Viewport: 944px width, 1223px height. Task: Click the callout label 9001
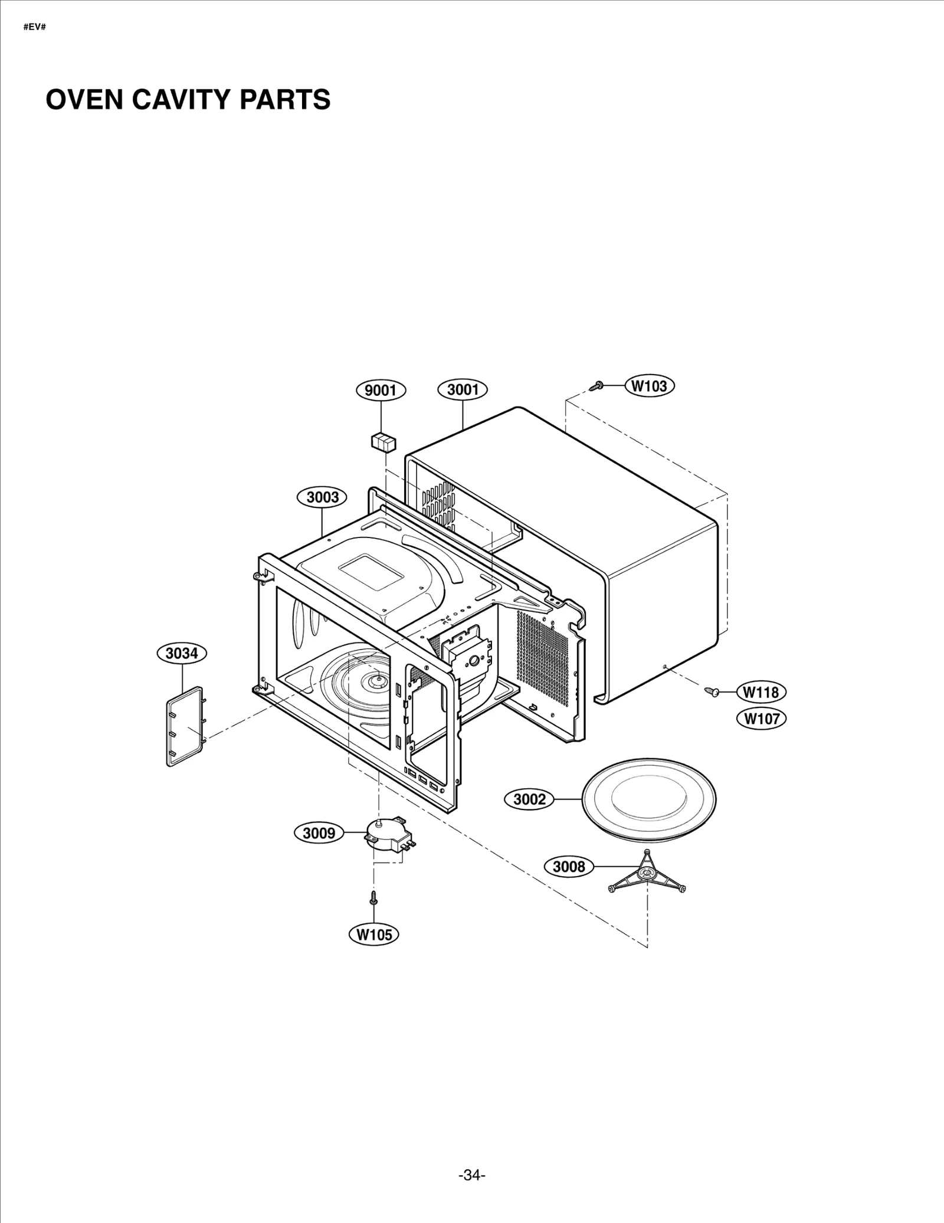pos(381,390)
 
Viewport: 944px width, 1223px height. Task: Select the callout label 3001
pos(463,389)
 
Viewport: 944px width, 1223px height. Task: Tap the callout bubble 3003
pos(322,497)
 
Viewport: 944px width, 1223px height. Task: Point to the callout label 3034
pos(182,653)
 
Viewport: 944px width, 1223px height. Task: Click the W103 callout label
pos(649,386)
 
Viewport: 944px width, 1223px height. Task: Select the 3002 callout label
pos(529,799)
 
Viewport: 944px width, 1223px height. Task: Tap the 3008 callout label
pos(569,867)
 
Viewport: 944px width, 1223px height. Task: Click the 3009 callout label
pos(319,833)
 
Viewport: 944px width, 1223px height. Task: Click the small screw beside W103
pos(596,386)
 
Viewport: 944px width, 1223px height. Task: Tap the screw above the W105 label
pos(373,898)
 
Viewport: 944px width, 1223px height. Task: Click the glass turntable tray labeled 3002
pos(648,800)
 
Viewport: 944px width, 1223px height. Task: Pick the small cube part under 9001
pos(383,441)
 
